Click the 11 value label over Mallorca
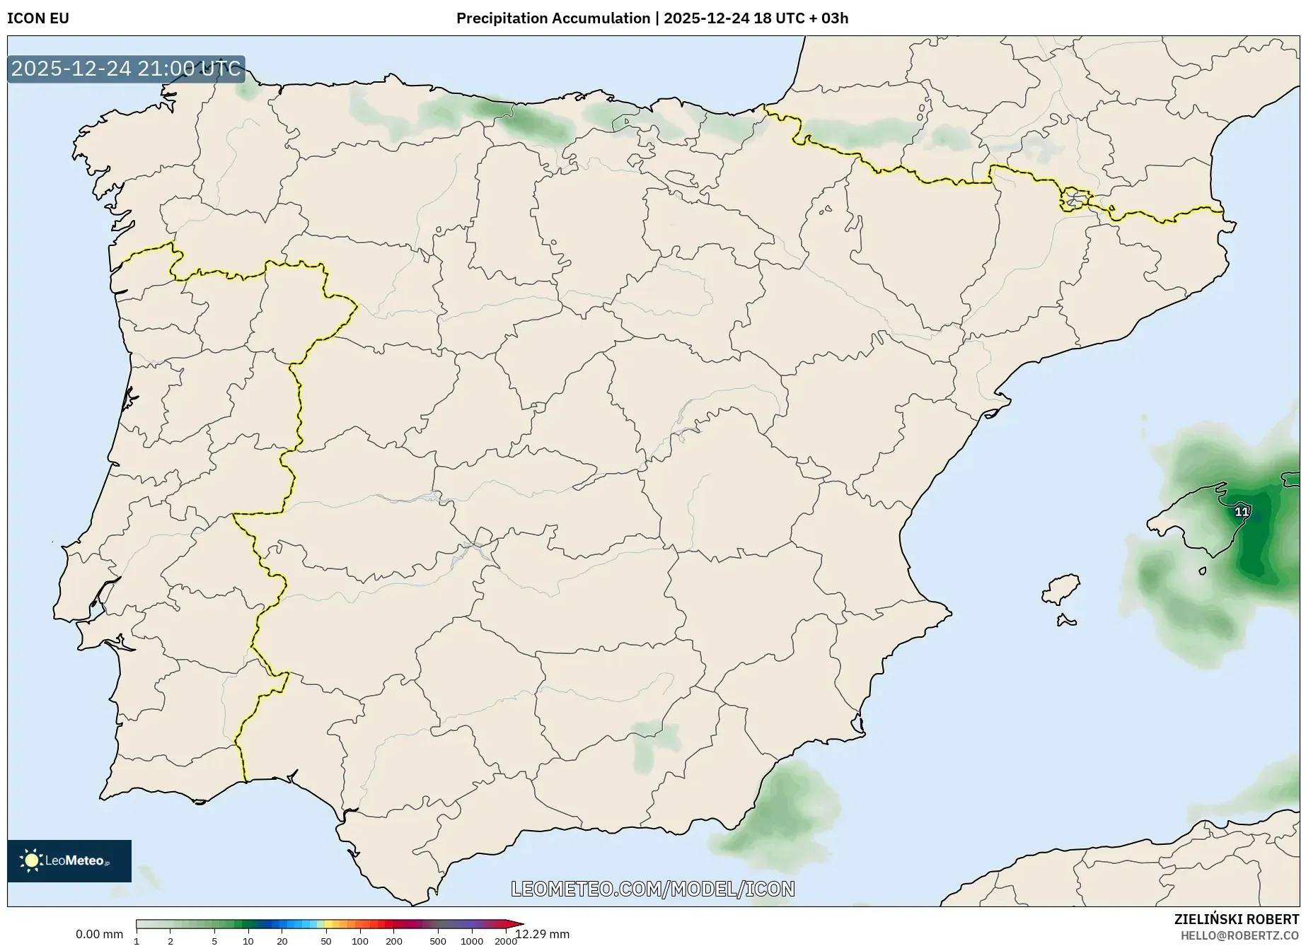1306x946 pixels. pyautogui.click(x=1242, y=512)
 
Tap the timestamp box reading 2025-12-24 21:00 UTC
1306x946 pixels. pyautogui.click(x=126, y=69)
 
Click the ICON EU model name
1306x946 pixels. pyautogui.click(x=38, y=18)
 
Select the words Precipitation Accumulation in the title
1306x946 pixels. pyautogui.click(x=553, y=18)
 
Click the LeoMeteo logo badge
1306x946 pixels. pyautogui.click(x=69, y=860)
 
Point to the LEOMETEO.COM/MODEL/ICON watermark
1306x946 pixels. pyautogui.click(x=653, y=889)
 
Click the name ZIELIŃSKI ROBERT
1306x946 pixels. pyautogui.click(x=1237, y=920)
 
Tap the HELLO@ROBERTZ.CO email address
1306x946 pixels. pyautogui.click(x=1239, y=935)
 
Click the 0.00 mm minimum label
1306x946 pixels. pyautogui.click(x=99, y=934)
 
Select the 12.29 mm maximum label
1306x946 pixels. pyautogui.click(x=543, y=935)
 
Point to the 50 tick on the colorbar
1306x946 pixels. pyautogui.click(x=325, y=941)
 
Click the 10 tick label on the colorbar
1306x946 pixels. pyautogui.click(x=248, y=941)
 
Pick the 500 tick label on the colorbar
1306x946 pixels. pyautogui.click(x=438, y=941)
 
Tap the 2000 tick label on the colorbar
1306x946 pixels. pyautogui.click(x=505, y=941)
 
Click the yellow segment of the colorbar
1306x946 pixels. pyautogui.click(x=328, y=924)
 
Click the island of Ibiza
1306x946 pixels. pyautogui.click(x=1062, y=589)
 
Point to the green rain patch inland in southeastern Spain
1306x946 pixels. pyautogui.click(x=652, y=742)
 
